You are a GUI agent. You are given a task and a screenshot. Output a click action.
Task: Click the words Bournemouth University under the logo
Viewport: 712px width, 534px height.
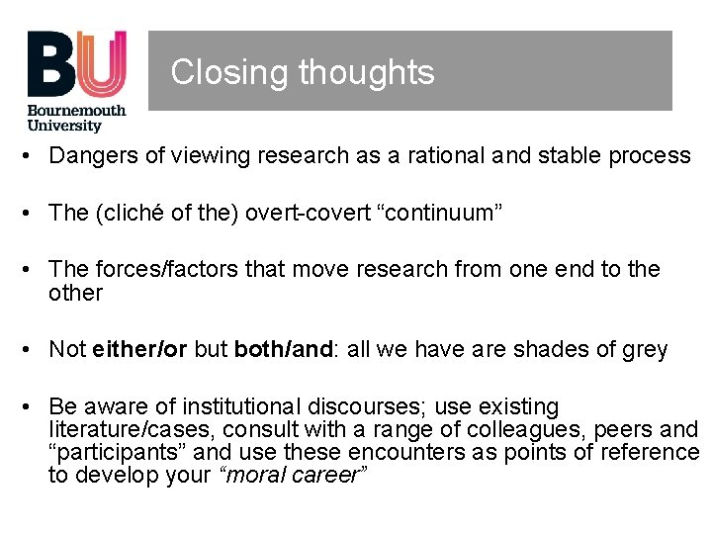(77, 118)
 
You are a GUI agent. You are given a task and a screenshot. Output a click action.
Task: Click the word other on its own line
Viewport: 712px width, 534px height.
(75, 293)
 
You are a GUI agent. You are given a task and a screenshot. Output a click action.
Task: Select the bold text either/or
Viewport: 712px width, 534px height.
(138, 350)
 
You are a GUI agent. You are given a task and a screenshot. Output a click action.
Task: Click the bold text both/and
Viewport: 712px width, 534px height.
(282, 350)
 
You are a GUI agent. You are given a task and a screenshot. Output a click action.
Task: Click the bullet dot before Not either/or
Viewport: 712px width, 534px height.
(33, 350)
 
